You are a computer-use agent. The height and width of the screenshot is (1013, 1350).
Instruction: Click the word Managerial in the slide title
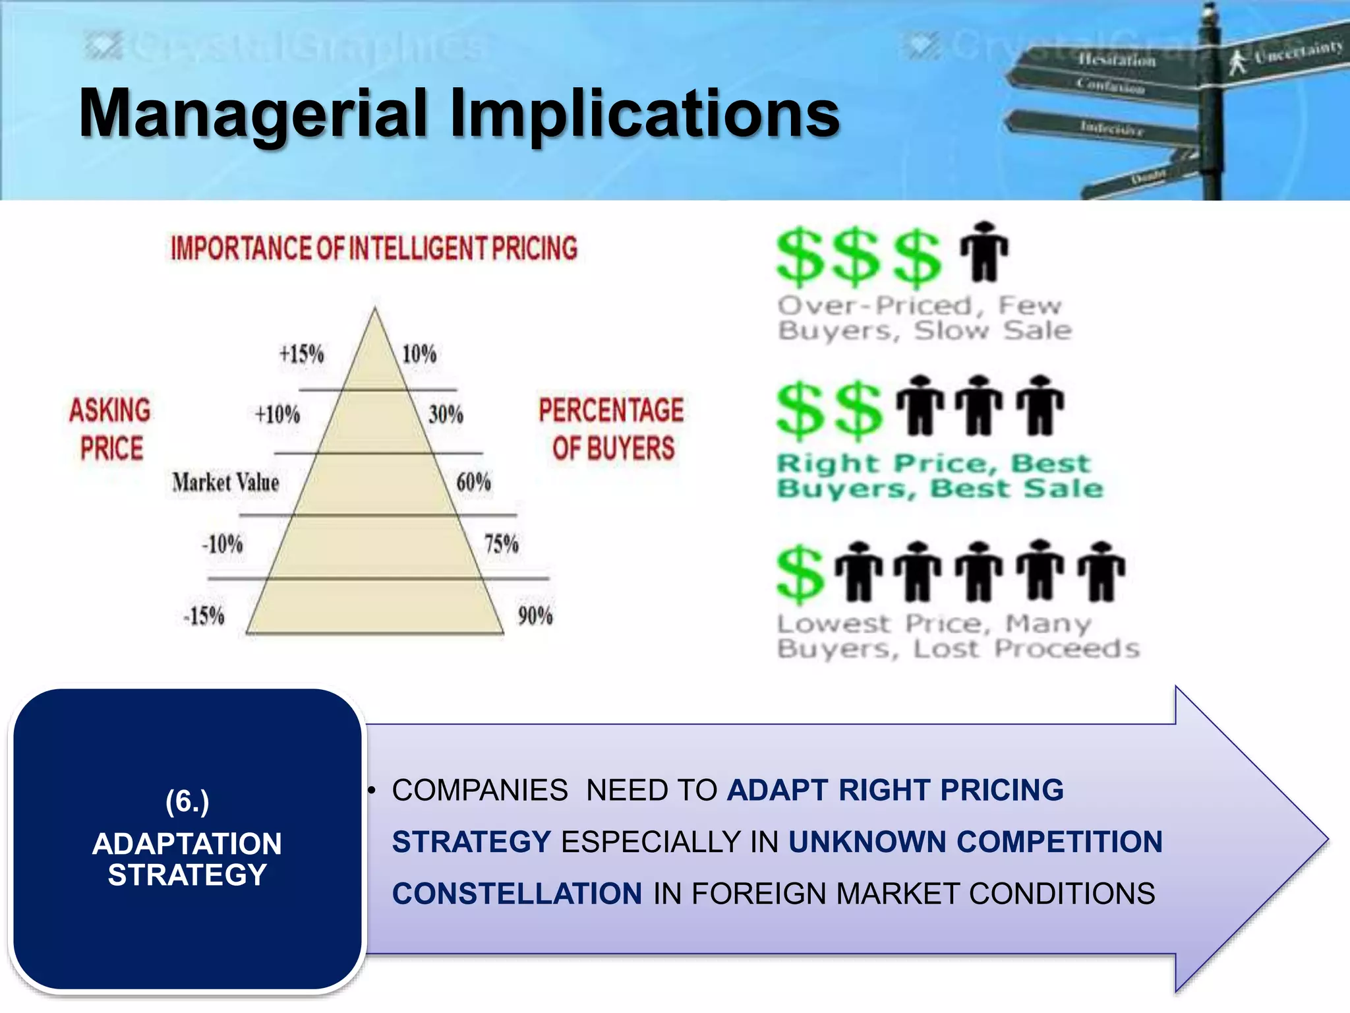[254, 113]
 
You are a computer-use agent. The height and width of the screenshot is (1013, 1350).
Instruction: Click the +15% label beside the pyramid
[301, 354]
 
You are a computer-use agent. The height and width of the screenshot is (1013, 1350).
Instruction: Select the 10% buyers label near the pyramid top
[419, 354]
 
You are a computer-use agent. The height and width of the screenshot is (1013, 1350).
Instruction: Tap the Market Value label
[225, 482]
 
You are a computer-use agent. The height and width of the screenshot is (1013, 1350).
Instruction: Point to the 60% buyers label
[473, 482]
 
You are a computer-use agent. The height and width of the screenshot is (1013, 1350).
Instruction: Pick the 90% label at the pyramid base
[535, 616]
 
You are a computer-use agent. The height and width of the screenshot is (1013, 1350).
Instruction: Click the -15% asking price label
[204, 616]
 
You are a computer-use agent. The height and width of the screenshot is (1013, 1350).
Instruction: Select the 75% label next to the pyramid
[501, 544]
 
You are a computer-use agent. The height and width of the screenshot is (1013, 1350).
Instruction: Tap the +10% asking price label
[278, 415]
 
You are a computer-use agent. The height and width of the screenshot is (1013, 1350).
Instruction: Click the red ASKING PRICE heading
[110, 429]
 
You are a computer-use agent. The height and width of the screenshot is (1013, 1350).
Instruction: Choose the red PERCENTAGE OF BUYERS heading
[612, 429]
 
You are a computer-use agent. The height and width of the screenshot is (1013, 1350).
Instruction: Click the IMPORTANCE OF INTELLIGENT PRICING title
[374, 249]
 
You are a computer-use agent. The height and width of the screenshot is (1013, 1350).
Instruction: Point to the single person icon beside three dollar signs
[984, 252]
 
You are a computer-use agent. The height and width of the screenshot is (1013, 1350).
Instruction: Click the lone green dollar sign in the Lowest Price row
[800, 573]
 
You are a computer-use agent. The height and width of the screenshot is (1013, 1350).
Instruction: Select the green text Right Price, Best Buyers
[939, 476]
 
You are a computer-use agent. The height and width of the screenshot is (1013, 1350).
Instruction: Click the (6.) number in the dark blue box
[187, 801]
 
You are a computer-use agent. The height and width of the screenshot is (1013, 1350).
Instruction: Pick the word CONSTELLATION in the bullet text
[517, 894]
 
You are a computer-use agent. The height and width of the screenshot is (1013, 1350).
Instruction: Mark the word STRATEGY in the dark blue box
[187, 875]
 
